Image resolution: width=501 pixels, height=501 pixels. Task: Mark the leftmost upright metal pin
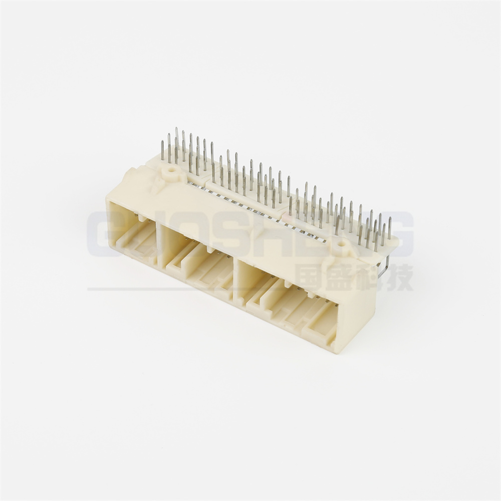click(162, 151)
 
